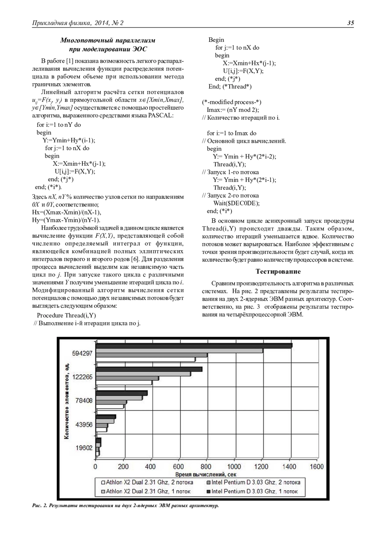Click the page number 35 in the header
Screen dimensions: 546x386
pos(350,23)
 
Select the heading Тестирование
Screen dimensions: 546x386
pos(278,271)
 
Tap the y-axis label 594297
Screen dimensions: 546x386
pos(82,353)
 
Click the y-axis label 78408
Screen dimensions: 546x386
pos(84,401)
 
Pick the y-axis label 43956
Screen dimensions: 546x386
pos(84,424)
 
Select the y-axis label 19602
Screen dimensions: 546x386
pos(84,448)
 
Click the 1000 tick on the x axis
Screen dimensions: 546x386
pos(234,467)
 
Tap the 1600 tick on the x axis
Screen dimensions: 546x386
pos(317,467)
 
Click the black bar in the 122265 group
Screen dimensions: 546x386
pos(149,369)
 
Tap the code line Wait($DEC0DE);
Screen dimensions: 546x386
pos(236,203)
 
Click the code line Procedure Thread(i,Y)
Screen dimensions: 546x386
pos(66,315)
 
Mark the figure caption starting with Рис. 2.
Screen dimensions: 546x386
pos(125,506)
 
